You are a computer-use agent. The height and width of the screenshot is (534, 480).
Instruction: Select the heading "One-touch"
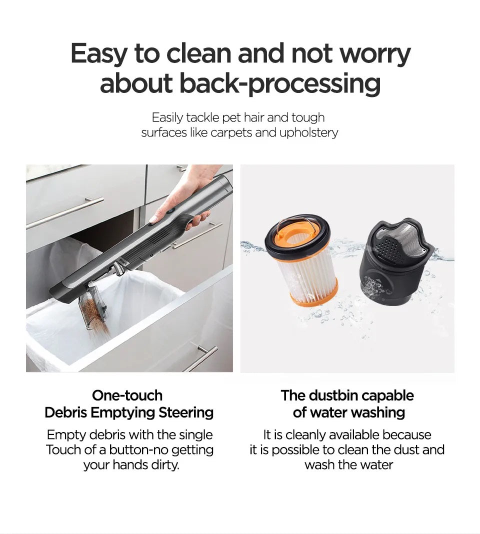[127, 395]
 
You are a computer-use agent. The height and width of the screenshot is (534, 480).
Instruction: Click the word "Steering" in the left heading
[186, 412]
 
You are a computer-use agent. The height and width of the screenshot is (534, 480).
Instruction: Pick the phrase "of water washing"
[348, 412]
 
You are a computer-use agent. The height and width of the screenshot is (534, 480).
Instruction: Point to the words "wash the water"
[348, 464]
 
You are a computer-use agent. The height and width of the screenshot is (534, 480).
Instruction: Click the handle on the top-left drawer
[65, 212]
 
